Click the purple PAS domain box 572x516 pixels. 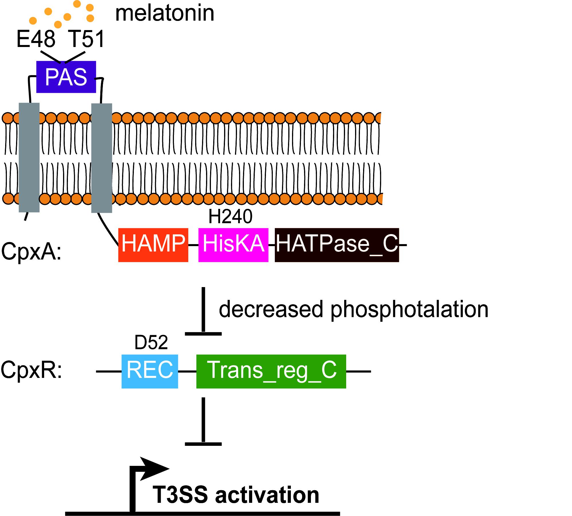pos(66,77)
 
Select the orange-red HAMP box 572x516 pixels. pos(153,245)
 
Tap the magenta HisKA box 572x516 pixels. pos(233,245)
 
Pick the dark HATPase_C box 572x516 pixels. pos(337,245)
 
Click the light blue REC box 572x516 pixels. pos(150,371)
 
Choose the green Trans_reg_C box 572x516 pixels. pos(271,371)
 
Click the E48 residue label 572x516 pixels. pos(36,39)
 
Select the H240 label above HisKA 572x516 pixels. pos(230,217)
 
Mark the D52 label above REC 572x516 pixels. pos(151,343)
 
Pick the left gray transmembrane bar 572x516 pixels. pos(29,158)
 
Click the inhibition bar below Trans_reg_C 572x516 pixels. pos(203,444)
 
